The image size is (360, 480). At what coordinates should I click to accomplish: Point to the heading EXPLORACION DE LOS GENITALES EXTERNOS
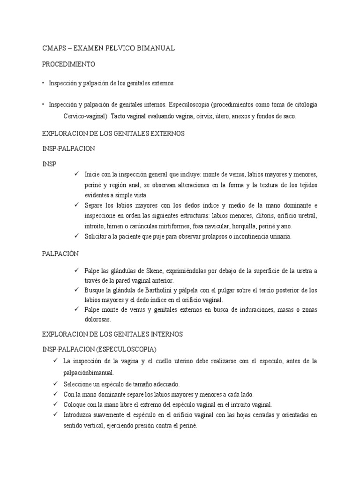point(113,134)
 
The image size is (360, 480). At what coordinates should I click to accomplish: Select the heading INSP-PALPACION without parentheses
point(68,149)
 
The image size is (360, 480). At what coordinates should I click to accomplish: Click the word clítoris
point(255,216)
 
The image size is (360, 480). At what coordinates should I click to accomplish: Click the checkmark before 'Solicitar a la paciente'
point(76,236)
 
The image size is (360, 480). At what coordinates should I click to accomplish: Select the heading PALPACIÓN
point(60,254)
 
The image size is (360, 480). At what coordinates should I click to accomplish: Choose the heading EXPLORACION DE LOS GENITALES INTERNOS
point(112,334)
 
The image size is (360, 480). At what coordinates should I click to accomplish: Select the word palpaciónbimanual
point(88,373)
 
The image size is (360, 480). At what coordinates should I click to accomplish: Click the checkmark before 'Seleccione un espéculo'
point(56,383)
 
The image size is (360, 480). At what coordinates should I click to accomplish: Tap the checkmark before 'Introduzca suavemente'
point(56,414)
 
